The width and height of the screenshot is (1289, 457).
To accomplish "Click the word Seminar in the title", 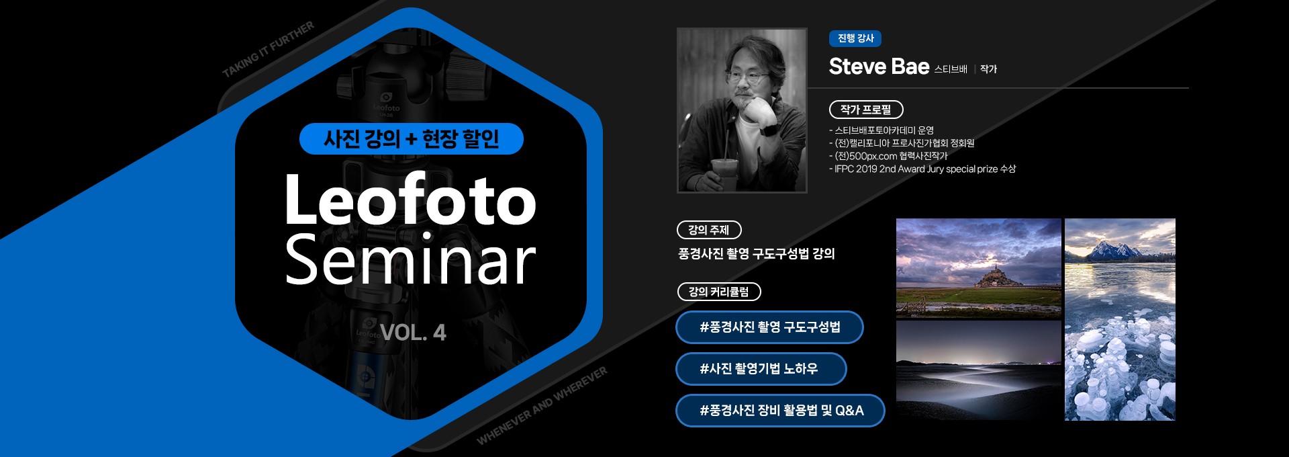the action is (410, 259).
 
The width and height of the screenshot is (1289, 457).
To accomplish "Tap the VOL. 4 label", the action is (413, 332).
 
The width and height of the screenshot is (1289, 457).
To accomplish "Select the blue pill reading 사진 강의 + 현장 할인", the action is (411, 138).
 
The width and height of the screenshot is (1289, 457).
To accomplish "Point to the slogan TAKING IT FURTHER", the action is (268, 49).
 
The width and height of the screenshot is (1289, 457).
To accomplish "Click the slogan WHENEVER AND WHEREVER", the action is (542, 405).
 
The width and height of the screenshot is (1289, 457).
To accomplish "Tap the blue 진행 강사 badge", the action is (855, 38).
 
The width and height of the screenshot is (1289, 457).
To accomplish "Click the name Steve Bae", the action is (879, 67).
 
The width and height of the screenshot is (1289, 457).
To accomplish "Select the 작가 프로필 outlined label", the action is (866, 110).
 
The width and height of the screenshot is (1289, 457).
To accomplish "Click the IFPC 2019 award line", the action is (922, 169).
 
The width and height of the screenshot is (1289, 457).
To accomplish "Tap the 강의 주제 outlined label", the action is (709, 230).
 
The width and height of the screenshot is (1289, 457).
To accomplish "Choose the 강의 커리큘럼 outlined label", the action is (719, 292).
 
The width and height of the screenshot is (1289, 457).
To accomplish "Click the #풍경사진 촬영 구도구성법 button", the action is (769, 327).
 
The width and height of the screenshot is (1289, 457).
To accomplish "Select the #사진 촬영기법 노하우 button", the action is (761, 369).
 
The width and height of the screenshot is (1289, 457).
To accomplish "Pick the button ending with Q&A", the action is (780, 411).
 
